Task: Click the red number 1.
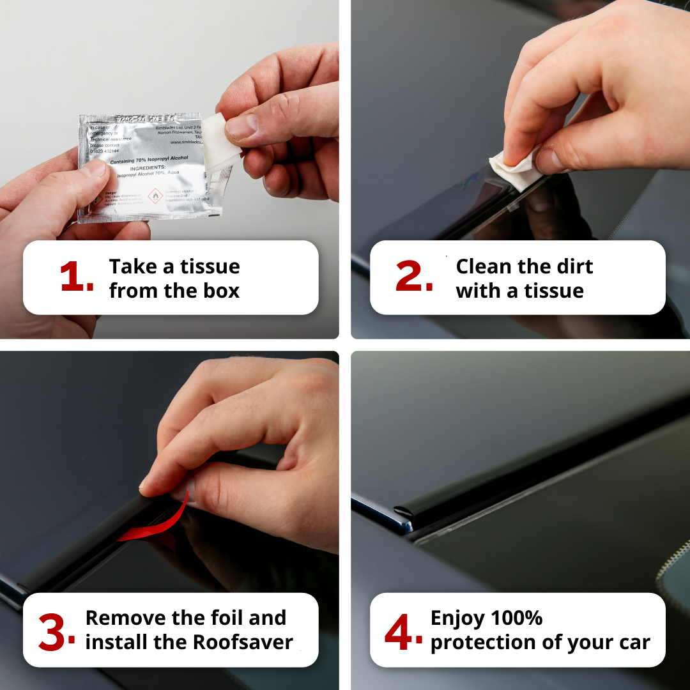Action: click(76, 278)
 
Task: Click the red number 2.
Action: click(414, 278)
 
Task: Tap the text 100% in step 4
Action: click(516, 618)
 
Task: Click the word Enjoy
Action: click(457, 618)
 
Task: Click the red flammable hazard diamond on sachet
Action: click(155, 195)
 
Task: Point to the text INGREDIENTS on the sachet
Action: click(153, 169)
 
